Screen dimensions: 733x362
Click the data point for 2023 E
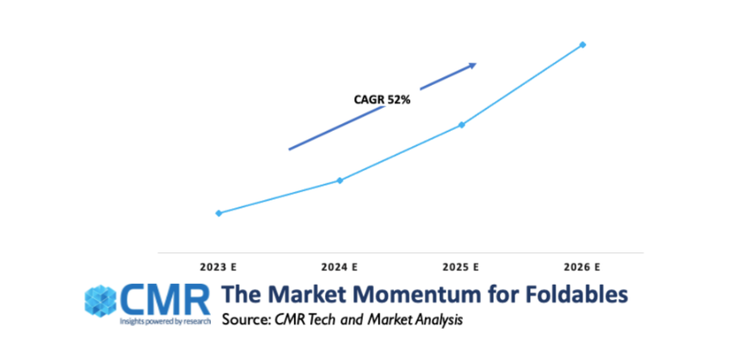(x=218, y=213)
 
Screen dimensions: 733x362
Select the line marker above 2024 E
(x=340, y=180)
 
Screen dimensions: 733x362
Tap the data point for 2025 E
(x=461, y=125)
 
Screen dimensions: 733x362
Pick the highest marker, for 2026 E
(x=583, y=45)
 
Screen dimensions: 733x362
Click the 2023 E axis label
(x=218, y=268)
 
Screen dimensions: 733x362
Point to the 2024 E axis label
(x=340, y=268)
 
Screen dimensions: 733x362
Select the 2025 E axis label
(x=460, y=268)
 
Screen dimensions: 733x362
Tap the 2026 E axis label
(x=582, y=268)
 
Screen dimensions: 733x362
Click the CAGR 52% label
(x=382, y=99)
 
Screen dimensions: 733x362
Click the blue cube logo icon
(x=100, y=301)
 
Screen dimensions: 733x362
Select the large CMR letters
(x=164, y=300)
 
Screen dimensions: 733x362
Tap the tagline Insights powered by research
(x=165, y=321)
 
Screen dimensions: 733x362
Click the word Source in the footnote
(x=242, y=320)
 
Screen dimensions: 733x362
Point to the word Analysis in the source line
(x=438, y=320)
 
